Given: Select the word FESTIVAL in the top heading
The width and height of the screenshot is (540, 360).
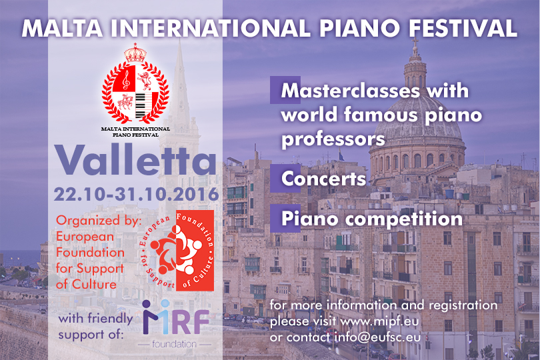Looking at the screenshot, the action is click(x=463, y=28).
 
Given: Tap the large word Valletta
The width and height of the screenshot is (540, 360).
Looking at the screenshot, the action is click(x=136, y=160).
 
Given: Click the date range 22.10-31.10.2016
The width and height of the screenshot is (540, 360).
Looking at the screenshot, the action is click(x=137, y=194).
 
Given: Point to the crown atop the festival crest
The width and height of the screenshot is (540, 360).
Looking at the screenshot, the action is click(x=135, y=53).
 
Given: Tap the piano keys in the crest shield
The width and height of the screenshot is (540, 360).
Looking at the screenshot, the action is click(x=145, y=105).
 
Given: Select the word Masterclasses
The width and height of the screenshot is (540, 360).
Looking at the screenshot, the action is click(x=351, y=91).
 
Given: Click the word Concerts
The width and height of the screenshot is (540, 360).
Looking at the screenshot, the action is click(x=323, y=179).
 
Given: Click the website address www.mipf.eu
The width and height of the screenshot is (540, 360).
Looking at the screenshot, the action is click(x=379, y=322).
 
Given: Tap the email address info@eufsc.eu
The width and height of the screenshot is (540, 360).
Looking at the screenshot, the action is click(x=378, y=337).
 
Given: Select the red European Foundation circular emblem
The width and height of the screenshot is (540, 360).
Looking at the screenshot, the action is click(x=177, y=251).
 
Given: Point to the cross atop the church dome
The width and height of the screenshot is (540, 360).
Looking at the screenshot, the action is click(x=415, y=44).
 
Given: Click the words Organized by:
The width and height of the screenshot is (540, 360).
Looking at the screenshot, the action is click(x=99, y=221).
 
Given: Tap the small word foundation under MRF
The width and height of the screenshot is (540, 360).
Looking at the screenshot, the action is click(x=174, y=344).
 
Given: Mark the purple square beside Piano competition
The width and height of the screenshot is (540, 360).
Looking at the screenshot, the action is click(x=285, y=219).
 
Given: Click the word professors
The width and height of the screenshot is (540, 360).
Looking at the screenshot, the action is click(x=333, y=140).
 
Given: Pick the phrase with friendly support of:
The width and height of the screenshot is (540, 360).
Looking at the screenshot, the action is click(x=95, y=326).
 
